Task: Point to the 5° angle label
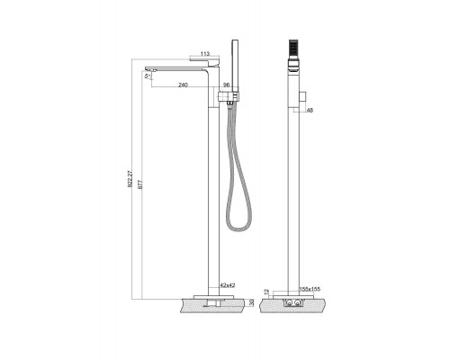pyautogui.click(x=148, y=77)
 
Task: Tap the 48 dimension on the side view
pyautogui.click(x=309, y=111)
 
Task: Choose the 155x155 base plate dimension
pyautogui.click(x=309, y=289)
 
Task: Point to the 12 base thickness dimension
pyautogui.click(x=265, y=291)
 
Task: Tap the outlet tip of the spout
pyautogui.click(x=149, y=69)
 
